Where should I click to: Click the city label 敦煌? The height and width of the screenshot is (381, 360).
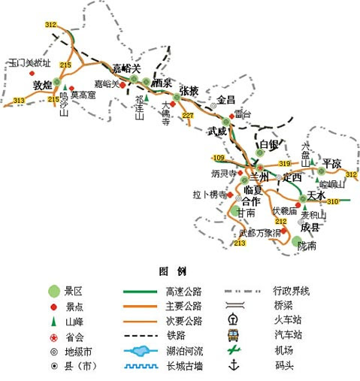43,85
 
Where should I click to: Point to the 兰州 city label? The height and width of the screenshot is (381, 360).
260,175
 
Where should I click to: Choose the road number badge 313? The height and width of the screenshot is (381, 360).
19,100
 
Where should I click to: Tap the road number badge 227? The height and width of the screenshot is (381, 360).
187,115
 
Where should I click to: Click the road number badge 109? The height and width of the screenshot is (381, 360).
218,157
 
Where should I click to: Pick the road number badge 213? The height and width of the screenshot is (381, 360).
240,243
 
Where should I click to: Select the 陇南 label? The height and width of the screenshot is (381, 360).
307,245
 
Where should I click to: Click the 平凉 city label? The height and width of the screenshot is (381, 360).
332,163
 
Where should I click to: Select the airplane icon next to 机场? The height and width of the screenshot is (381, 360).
233,349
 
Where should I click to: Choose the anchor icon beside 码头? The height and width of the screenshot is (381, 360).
233,365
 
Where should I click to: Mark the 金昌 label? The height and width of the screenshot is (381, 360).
226,99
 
